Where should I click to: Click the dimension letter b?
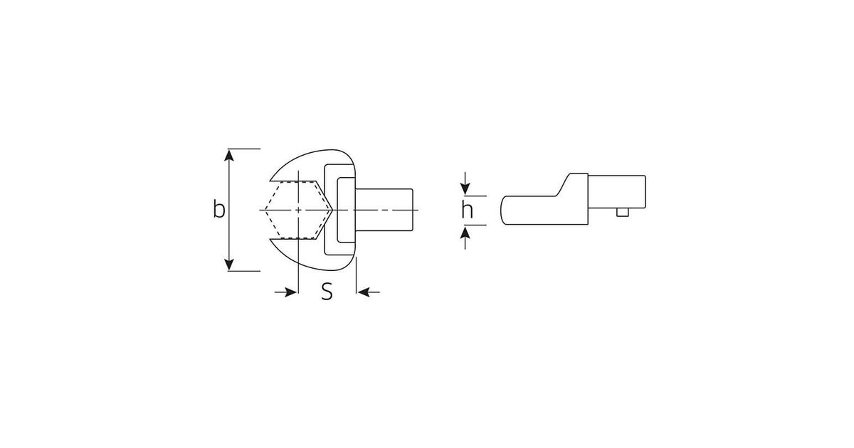pos(219,209)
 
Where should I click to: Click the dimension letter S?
pos(327,292)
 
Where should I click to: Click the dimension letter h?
pos(467,210)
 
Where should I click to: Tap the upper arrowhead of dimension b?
pos(228,155)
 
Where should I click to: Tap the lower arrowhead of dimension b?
pos(228,265)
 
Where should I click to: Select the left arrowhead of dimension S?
pos(290,292)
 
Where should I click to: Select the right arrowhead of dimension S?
pos(364,292)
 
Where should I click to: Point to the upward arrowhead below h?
pos(465,232)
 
